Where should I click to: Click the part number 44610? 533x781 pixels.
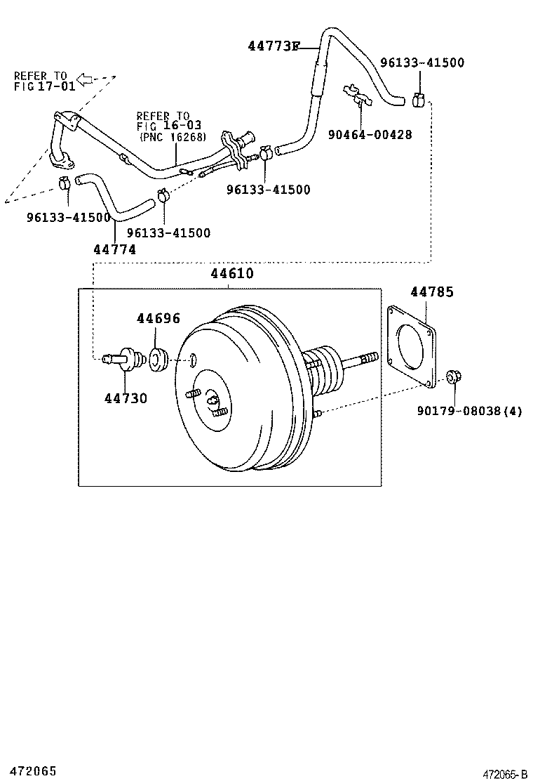[232, 275]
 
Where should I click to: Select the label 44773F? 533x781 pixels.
[273, 47]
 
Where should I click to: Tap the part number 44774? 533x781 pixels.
[114, 249]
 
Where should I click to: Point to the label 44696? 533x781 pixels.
[158, 319]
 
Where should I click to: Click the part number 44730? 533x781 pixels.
[126, 398]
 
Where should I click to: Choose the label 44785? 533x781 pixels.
[431, 292]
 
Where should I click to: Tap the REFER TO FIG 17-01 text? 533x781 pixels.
[41, 81]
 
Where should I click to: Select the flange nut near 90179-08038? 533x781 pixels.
[452, 378]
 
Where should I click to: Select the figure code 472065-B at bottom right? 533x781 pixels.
[504, 774]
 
